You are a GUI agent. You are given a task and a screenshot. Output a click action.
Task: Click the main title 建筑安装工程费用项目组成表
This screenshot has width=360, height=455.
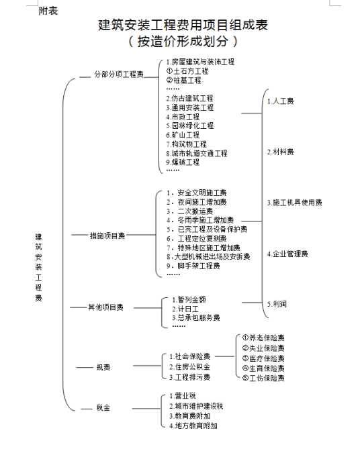[183, 25]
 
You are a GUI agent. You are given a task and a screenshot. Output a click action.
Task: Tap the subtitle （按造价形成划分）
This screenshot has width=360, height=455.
[183, 41]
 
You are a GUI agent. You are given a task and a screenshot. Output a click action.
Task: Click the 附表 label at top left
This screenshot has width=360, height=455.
[48, 11]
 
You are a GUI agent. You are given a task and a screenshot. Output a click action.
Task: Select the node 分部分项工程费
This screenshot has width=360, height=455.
[119, 74]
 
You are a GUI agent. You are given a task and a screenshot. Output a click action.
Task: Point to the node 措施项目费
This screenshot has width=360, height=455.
[107, 236]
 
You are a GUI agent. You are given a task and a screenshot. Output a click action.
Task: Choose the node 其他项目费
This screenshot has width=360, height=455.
[106, 307]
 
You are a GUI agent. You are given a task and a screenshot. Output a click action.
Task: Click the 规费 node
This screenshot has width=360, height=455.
[103, 367]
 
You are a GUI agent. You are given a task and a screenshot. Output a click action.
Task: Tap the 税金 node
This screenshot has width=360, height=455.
[103, 408]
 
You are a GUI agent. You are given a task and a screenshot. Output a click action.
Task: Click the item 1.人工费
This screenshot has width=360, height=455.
[281, 101]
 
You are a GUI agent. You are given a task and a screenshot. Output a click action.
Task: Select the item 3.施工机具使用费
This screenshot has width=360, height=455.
[295, 203]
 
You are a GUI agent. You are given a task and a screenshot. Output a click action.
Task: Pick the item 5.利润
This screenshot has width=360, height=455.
[277, 304]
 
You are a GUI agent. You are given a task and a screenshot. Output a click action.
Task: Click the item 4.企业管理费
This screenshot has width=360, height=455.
[287, 254]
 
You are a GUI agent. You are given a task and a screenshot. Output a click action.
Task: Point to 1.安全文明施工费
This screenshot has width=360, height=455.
[197, 193]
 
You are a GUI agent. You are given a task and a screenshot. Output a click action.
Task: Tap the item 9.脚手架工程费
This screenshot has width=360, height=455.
[193, 266]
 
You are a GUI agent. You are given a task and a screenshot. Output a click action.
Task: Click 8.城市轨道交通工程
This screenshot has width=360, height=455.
[197, 153]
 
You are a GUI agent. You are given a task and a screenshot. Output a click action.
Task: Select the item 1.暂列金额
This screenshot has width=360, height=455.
[189, 299]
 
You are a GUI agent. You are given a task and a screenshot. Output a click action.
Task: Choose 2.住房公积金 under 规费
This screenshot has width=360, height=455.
[190, 367]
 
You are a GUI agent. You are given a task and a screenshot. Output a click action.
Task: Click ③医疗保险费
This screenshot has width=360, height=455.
[263, 358]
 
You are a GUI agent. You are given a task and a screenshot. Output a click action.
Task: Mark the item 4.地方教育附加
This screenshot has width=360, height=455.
[193, 425]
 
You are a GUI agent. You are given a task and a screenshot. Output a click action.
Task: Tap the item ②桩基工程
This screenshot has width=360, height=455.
[184, 80]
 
